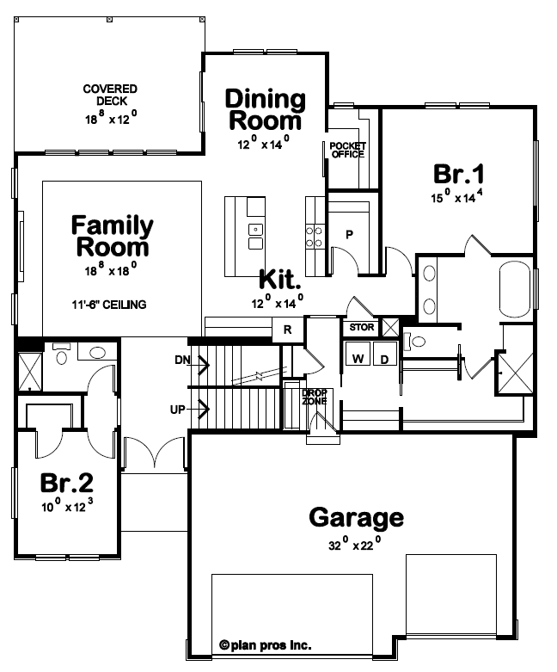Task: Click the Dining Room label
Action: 265,110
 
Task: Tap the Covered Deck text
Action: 110,95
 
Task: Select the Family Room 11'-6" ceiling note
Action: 109,305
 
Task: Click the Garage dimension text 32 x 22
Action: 354,545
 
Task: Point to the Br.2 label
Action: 67,482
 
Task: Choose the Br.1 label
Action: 458,174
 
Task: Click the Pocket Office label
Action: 347,150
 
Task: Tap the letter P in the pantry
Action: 349,234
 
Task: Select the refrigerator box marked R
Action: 288,330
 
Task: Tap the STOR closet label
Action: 362,328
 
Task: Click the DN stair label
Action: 182,360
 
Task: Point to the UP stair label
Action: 178,410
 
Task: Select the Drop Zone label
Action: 315,397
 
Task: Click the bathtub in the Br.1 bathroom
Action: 515,290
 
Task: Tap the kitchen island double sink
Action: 255,237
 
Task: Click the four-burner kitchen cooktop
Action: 315,237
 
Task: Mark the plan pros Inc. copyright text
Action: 266,645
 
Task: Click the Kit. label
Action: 280,280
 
